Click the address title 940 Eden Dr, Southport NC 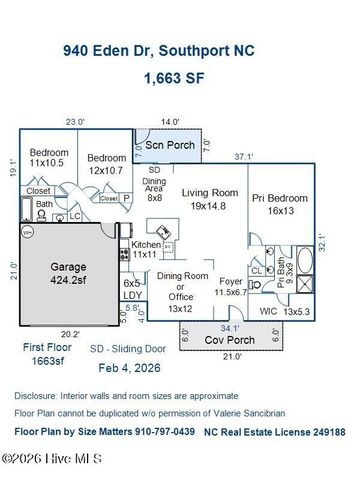179,47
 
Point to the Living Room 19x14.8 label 208,199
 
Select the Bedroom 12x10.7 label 106,163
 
